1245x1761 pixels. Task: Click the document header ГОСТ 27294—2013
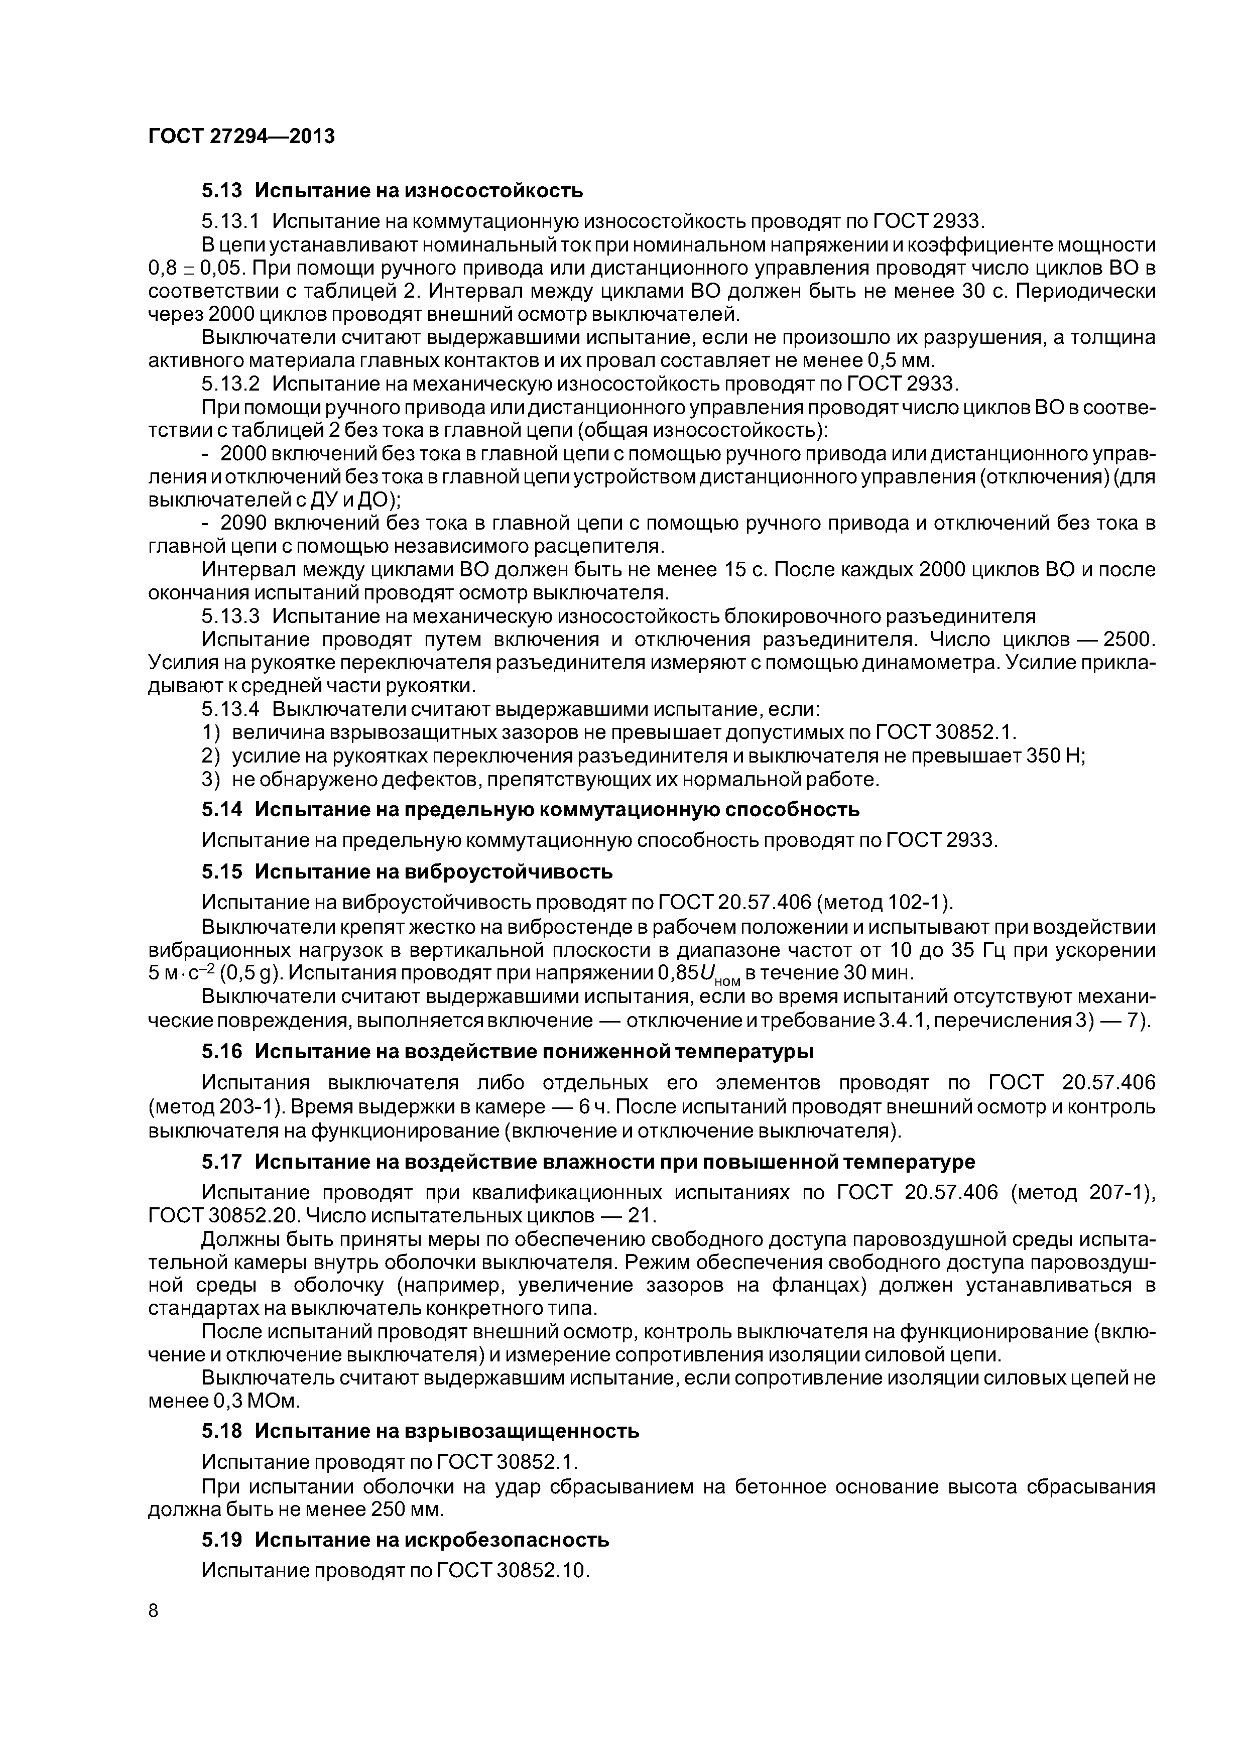[x=241, y=137]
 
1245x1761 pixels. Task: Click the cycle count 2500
[x=1126, y=639]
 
